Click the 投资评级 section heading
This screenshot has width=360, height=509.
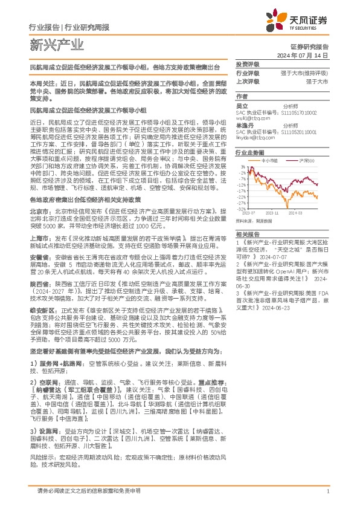[x=247, y=64]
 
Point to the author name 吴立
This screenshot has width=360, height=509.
[x=242, y=106]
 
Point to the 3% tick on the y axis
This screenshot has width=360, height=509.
[x=243, y=166]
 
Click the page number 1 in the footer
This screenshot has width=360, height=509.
[x=327, y=490]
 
